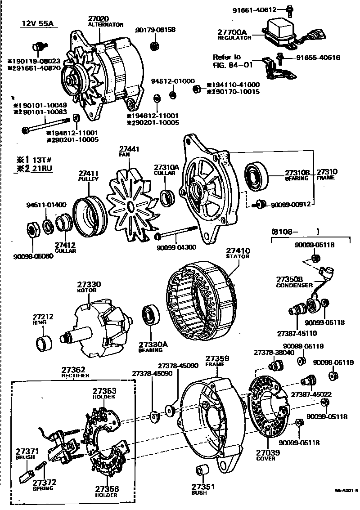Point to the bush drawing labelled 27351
tap(202, 471)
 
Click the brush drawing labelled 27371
tap(26, 474)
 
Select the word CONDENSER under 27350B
tap(294, 285)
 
